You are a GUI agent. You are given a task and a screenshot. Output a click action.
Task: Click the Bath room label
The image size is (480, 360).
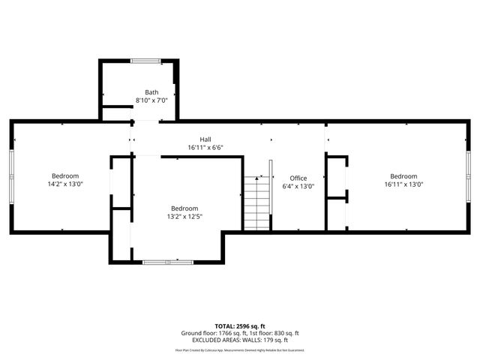[151, 92]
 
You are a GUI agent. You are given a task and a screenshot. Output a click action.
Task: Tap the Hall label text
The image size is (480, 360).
[205, 139]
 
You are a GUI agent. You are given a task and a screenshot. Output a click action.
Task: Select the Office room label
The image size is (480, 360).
[298, 178]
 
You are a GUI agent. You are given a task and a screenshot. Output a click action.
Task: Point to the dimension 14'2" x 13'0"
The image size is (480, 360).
[64, 184]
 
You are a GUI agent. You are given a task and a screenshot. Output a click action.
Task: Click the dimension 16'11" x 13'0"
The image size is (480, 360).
[403, 184]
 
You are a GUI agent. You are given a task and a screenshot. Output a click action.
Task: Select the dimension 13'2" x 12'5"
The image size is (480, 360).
[184, 216]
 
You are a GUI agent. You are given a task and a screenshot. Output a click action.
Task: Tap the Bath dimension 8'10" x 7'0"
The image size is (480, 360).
[151, 100]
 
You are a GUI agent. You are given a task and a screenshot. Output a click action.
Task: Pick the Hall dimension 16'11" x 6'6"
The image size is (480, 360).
[205, 147]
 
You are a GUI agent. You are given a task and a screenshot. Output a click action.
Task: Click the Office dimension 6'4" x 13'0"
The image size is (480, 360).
[298, 186]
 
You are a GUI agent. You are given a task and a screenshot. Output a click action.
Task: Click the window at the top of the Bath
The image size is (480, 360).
[145, 60]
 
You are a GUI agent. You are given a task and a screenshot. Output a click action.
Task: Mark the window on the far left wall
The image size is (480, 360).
[11, 175]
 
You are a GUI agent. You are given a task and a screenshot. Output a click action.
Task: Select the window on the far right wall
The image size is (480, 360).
[469, 175]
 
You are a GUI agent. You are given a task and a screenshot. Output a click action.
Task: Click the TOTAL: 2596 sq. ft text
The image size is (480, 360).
[240, 326]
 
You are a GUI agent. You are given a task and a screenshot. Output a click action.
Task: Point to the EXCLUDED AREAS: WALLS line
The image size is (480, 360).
[240, 340]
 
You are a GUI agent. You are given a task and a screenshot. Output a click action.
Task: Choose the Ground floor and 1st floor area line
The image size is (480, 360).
[240, 334]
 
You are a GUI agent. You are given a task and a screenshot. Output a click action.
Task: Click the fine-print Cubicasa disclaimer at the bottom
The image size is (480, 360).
[240, 349]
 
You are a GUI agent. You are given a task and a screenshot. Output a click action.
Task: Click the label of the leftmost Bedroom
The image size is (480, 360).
[64, 175]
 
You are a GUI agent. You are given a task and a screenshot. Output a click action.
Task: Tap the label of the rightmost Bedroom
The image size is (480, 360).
[403, 175]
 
